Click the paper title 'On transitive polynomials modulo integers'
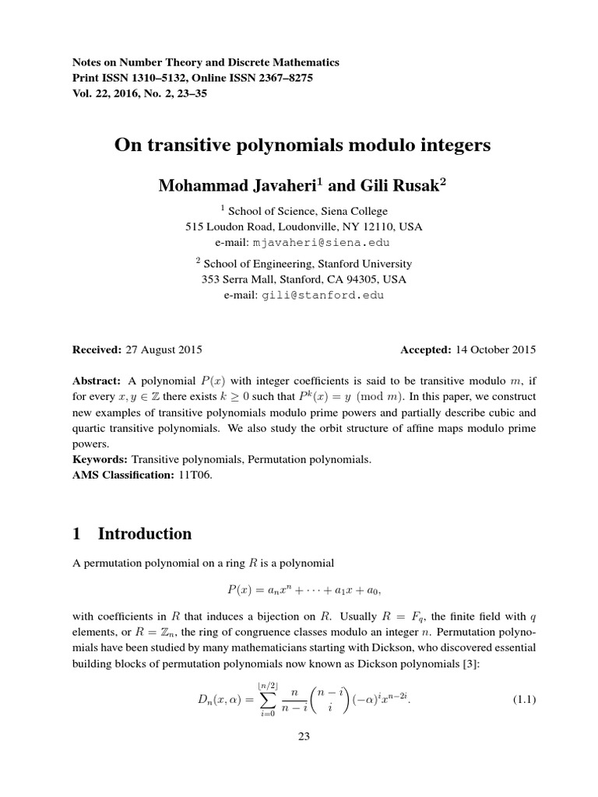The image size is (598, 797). (x=303, y=145)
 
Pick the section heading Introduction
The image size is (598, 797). (x=144, y=534)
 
